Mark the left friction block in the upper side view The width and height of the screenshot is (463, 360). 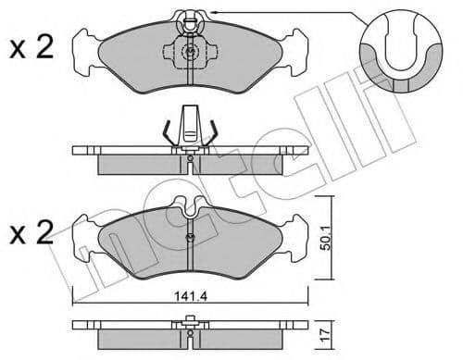(139, 161)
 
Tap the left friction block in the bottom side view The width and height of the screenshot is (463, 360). (139, 337)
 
